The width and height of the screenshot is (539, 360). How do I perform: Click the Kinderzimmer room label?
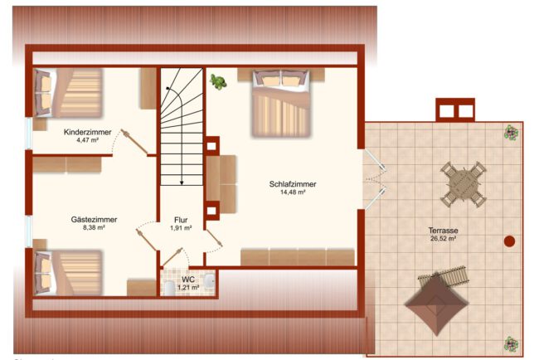pyautogui.click(x=88, y=132)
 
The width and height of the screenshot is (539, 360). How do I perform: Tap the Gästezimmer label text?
pyautogui.click(x=94, y=219)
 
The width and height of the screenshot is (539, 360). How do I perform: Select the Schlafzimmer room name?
pyautogui.click(x=293, y=184)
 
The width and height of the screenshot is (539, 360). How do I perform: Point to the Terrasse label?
pyautogui.click(x=443, y=231)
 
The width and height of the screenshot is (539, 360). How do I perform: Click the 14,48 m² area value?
pyautogui.click(x=293, y=192)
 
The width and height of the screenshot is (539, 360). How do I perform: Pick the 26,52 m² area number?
pyautogui.click(x=443, y=238)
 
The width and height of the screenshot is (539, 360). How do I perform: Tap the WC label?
pyautogui.click(x=188, y=280)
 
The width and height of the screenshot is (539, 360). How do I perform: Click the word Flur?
pyautogui.click(x=181, y=220)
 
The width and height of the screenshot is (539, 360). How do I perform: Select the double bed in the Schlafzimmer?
pyautogui.click(x=282, y=103)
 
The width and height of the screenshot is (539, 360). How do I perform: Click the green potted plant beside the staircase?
pyautogui.click(x=218, y=82)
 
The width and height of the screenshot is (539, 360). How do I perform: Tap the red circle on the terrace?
pyautogui.click(x=509, y=241)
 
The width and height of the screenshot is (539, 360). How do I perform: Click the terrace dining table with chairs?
pyautogui.click(x=464, y=184)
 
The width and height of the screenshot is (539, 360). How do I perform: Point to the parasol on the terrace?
pyautogui.click(x=436, y=304)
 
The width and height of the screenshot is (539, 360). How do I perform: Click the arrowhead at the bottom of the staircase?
pyautogui.click(x=182, y=183)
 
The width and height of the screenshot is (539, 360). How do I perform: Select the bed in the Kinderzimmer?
pyautogui.click(x=68, y=93)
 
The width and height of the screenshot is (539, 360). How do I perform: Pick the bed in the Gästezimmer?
pyautogui.click(x=68, y=272)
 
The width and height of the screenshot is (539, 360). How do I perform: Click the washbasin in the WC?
pyautogui.click(x=210, y=280)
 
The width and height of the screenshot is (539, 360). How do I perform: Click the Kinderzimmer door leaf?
pyautogui.click(x=134, y=142)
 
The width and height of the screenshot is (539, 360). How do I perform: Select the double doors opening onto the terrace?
pyautogui.click(x=376, y=179)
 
